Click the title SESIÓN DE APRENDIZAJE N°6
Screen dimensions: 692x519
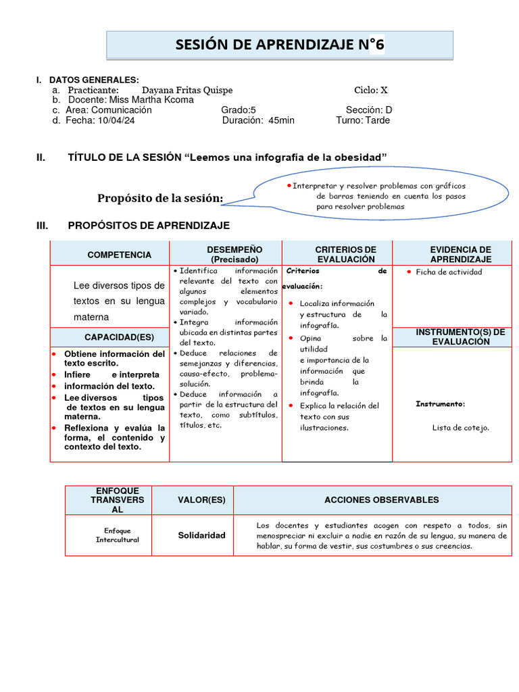(280, 45)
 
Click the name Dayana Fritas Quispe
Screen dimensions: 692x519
(187, 91)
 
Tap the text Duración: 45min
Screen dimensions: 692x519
(258, 120)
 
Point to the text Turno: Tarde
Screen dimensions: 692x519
(363, 120)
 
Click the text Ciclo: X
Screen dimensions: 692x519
(371, 91)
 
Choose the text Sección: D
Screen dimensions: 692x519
(369, 110)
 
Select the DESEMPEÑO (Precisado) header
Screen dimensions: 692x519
(225, 255)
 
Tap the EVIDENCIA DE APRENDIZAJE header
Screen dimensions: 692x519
(460, 255)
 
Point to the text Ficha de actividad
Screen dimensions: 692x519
(449, 272)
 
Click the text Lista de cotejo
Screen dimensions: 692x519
(461, 427)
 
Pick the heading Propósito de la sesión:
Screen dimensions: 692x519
(160, 198)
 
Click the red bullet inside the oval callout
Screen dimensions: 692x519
(289, 185)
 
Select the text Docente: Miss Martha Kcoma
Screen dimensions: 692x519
(129, 100)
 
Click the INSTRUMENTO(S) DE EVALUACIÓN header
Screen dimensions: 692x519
(460, 337)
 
